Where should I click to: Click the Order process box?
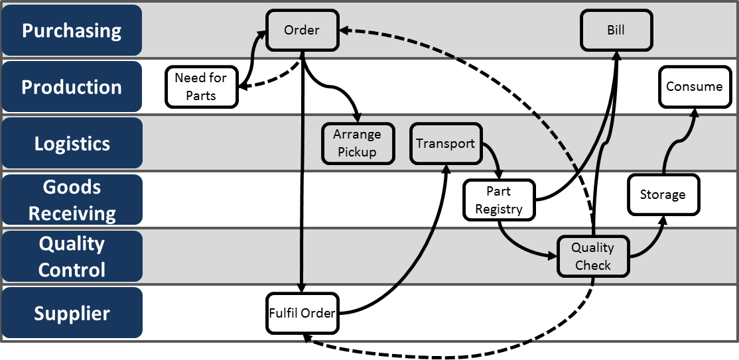(302, 30)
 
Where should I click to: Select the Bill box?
(616, 30)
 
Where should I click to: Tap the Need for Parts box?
(201, 87)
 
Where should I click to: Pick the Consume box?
(694, 86)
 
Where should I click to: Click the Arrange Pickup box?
(358, 143)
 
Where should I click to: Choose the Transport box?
(445, 143)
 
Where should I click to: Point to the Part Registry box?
(499, 200)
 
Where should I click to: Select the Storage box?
(663, 194)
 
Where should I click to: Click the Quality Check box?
(593, 257)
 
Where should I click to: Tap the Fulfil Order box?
(302, 313)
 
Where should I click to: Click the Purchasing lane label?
(72, 30)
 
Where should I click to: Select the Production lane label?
(72, 87)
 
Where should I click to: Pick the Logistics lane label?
(72, 144)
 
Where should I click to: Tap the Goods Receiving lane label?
(72, 200)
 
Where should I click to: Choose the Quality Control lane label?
(72, 257)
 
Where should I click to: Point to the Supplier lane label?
(72, 313)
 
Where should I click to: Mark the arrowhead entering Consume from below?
(694, 113)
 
